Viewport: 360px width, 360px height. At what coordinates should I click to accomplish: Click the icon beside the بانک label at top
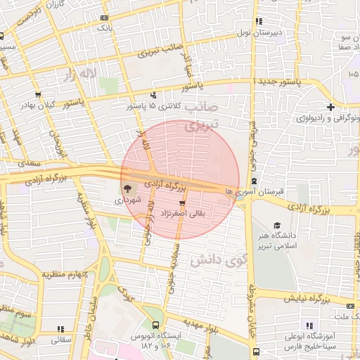pos(105,18)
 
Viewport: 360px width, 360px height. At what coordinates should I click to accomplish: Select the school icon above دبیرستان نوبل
pos(259,21)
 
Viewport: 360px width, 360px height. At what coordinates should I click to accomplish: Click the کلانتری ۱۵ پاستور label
pos(152,106)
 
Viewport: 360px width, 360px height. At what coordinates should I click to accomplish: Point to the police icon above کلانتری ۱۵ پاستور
pos(154,95)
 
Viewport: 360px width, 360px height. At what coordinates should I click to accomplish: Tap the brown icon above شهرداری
pos(127,188)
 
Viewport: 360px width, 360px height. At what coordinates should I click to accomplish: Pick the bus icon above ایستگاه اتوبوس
pos(155,325)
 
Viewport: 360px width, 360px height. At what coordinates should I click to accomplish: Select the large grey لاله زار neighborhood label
pos(78,73)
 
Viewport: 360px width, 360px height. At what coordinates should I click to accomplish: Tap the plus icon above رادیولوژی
pos(332,106)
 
